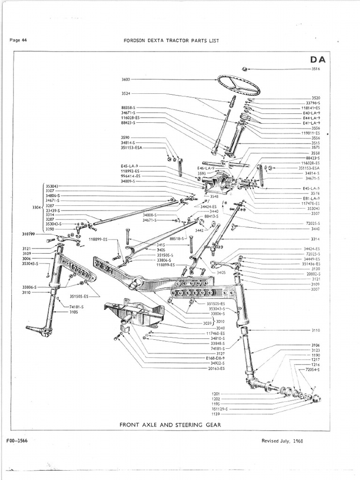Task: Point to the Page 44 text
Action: tap(18, 40)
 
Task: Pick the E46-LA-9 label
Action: tap(206, 168)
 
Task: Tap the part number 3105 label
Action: tap(73, 312)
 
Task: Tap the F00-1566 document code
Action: tap(18, 441)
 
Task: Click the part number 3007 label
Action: tap(315, 289)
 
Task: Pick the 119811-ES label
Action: tap(311, 133)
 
